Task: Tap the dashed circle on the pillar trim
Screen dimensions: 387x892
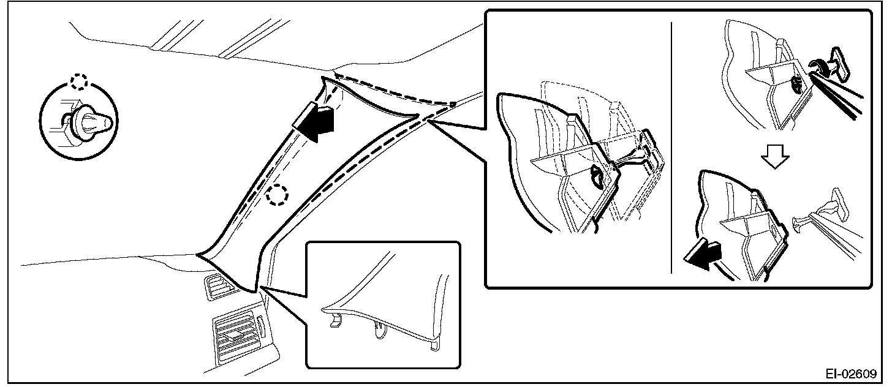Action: [277, 195]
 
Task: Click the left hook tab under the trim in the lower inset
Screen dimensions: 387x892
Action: [334, 320]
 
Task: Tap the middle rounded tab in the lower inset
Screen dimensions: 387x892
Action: [380, 331]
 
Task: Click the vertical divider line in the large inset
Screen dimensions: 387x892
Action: [672, 147]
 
